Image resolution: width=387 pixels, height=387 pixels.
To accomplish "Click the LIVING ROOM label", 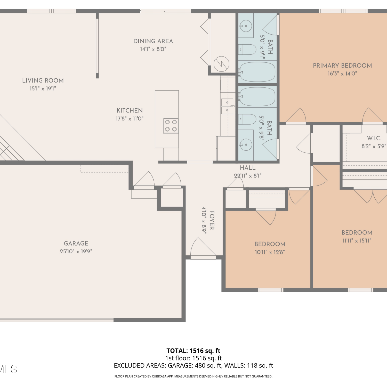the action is point(43,80).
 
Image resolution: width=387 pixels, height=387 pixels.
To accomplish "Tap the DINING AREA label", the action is point(153,41).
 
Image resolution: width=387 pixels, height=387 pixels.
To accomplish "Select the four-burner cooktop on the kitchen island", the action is point(171,126).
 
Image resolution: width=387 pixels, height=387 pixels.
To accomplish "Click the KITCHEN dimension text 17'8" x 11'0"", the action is point(130,118).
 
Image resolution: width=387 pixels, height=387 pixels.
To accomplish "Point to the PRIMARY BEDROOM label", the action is point(342,66).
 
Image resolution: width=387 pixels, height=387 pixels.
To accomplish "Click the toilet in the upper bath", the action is point(247,49).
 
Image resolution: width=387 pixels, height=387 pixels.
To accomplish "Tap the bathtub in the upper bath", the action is point(257,72).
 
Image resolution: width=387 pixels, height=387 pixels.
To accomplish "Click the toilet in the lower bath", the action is point(247,119).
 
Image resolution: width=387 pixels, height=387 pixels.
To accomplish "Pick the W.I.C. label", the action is point(374,138).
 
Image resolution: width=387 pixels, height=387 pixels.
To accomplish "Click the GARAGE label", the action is point(76,243).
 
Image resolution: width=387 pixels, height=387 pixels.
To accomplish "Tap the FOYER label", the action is point(212,220).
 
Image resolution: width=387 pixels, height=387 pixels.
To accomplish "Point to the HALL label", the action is point(248,168).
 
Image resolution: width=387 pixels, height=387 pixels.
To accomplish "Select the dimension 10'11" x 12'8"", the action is point(270,252).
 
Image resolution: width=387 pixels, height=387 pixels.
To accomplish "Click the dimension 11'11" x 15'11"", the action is point(357,240).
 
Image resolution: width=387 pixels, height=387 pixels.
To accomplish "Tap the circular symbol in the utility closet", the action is point(221,64).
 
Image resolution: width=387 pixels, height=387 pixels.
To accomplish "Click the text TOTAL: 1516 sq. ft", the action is point(193,351).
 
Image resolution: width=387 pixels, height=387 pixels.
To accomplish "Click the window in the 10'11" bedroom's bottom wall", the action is point(271,290).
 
